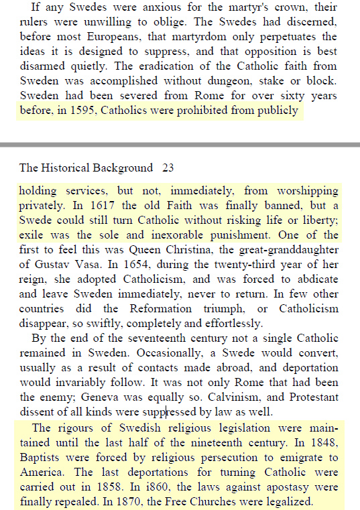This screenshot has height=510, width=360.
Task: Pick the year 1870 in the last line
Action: click(124, 501)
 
